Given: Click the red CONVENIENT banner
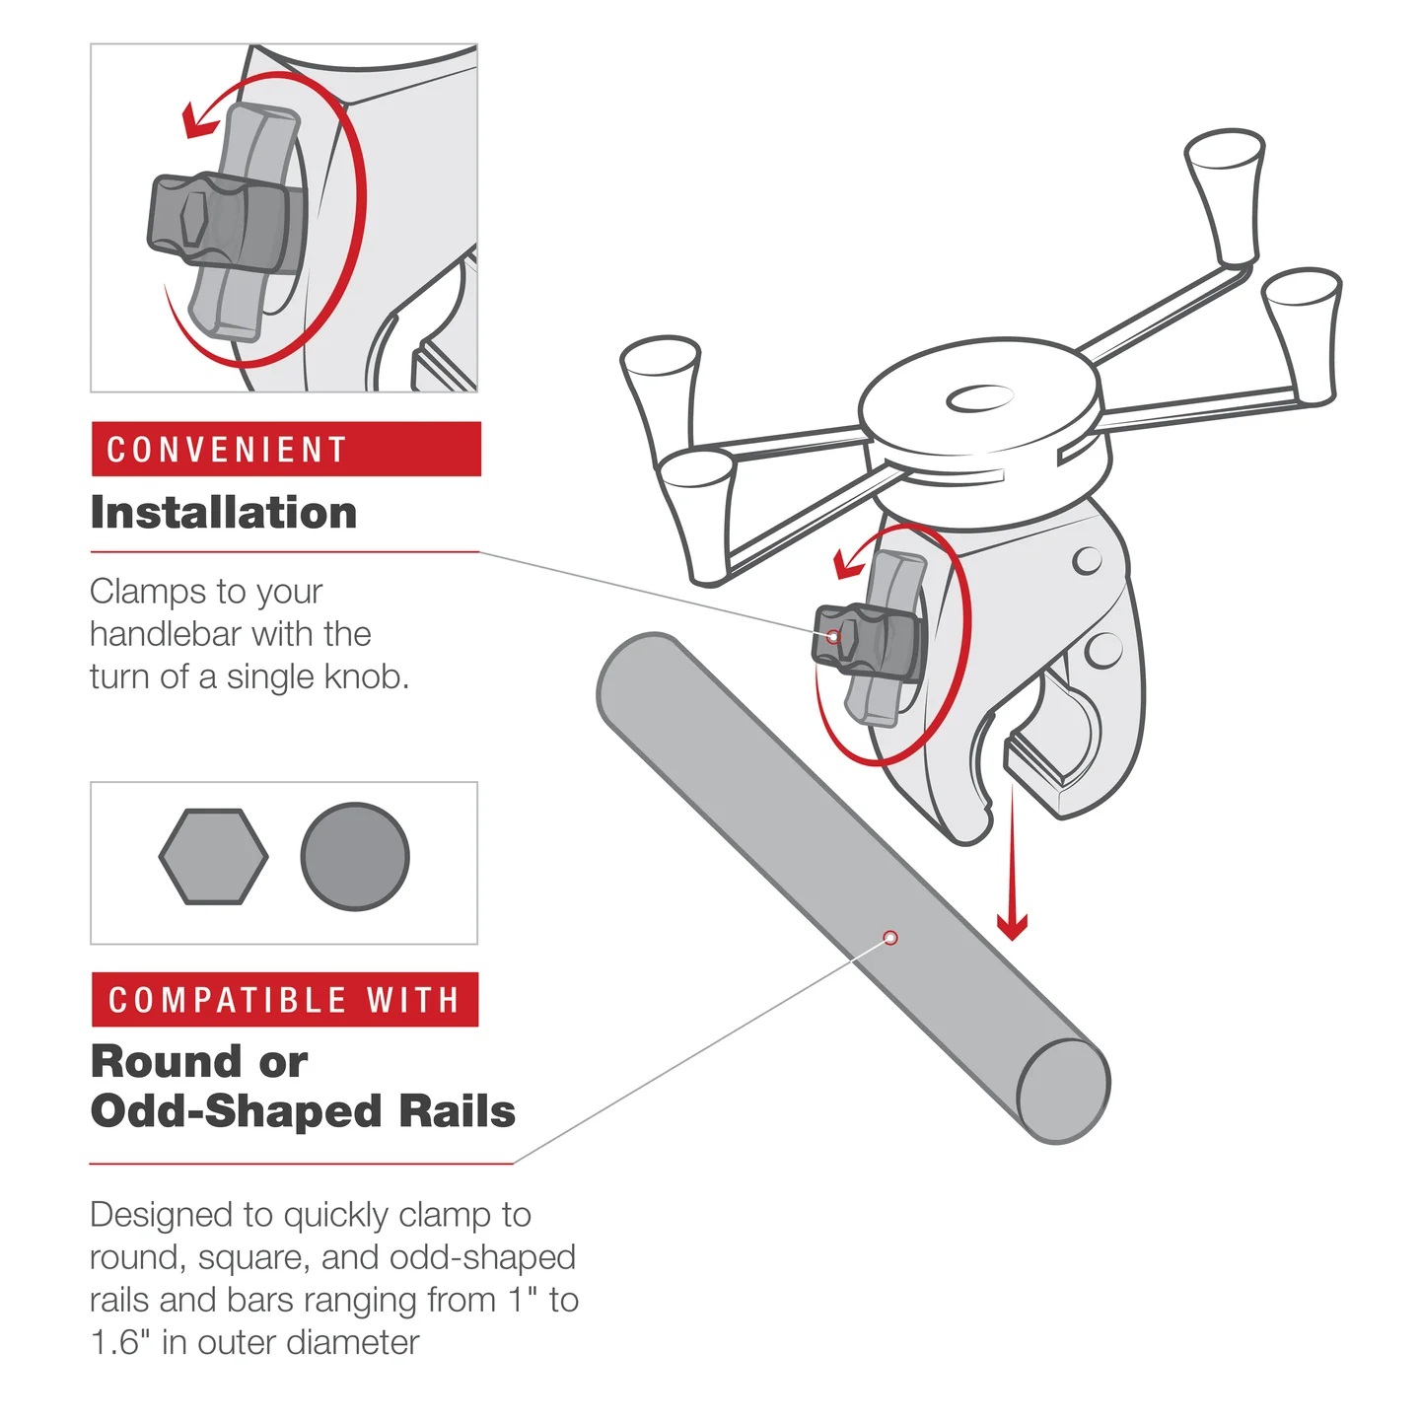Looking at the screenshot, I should coord(285,450).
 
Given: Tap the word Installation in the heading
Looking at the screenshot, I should coord(224,513).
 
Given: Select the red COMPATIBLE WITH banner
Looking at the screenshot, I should coord(285,1000).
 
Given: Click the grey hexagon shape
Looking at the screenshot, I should coord(213,857).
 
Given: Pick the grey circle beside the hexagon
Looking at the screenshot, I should coord(355,857).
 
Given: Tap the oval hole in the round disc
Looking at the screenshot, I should coord(979,398).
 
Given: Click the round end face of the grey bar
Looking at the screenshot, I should coord(1063,1091).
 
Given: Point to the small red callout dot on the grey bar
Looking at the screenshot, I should coord(890,938).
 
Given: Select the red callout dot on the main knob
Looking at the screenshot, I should coord(833,637).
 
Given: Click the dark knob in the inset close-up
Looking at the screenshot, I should coord(217,222).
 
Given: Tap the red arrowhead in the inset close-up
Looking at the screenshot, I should coord(200,122).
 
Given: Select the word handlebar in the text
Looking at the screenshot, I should coord(165,634).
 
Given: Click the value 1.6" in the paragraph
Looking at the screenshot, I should coord(119,1343).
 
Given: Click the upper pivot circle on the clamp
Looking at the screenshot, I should coord(1087,560).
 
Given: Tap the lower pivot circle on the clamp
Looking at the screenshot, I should coord(1102,650).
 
